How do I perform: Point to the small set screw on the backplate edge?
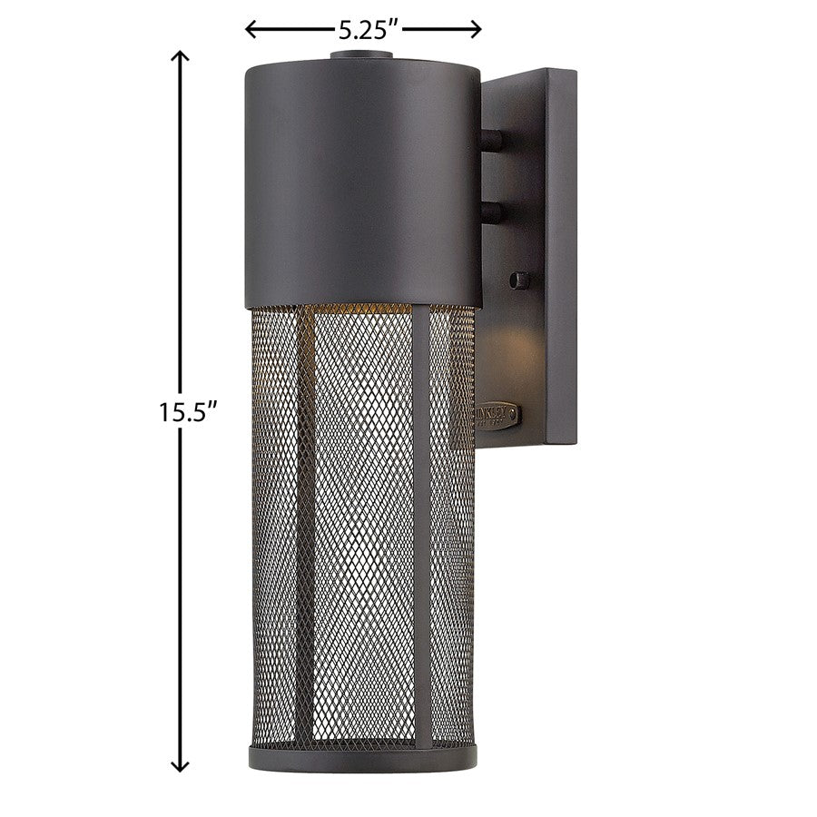(519, 280)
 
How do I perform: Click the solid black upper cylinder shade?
(363, 182)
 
